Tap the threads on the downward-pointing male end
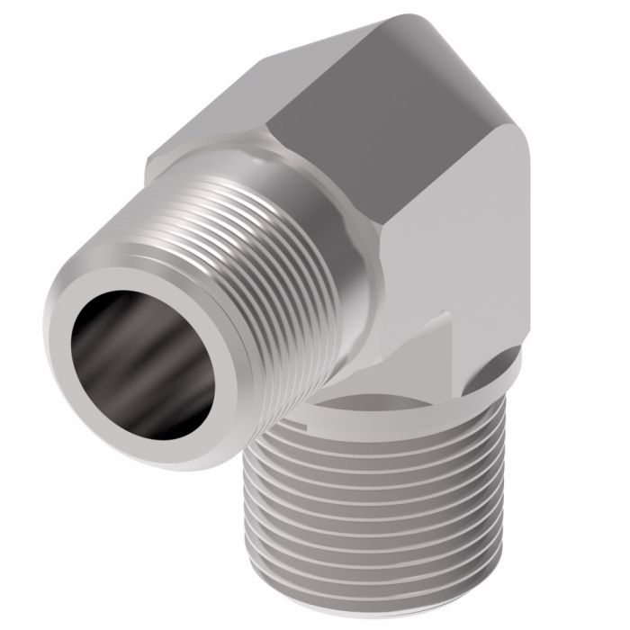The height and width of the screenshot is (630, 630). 378,504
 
